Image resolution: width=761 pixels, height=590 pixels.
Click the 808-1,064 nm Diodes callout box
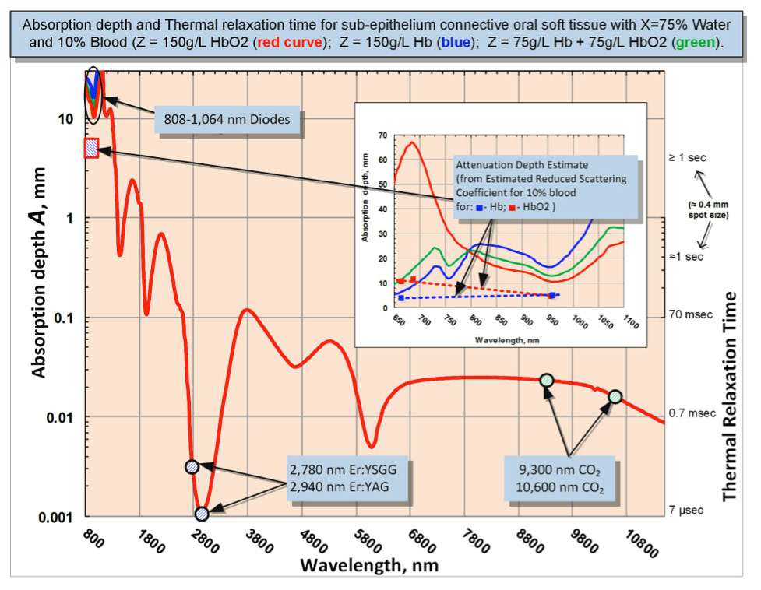pos(227,120)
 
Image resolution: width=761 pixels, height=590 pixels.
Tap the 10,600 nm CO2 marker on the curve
pos(615,396)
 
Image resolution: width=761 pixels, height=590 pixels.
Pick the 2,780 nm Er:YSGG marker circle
pos(192,467)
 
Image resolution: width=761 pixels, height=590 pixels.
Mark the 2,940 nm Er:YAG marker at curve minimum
pos(203,514)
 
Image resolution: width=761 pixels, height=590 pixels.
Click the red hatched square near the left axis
pos(91,148)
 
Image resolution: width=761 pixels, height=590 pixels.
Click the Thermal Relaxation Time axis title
pos(730,397)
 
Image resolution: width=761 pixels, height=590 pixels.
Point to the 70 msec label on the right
pos(688,315)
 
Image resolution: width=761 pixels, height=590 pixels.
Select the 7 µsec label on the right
pos(686,511)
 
